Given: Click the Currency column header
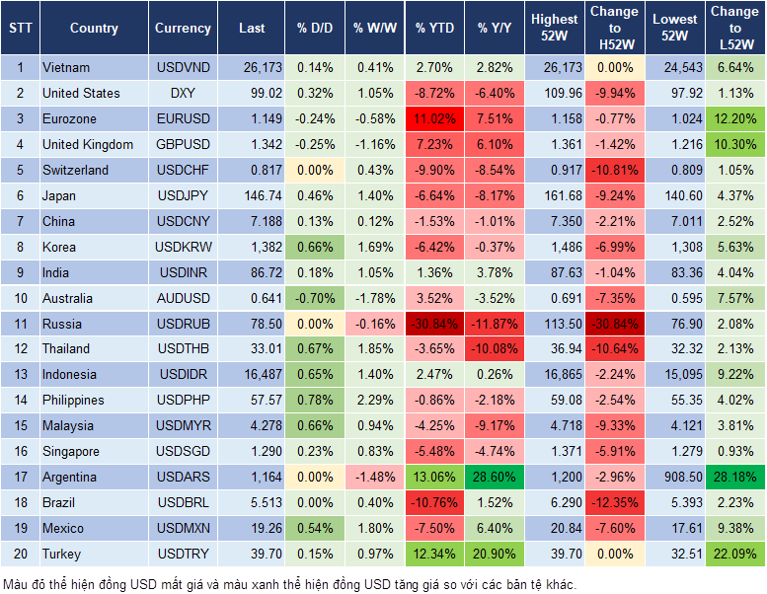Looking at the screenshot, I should [x=183, y=29].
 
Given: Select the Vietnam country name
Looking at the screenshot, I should [x=66, y=68].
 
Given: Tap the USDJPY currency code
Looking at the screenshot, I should [x=183, y=196].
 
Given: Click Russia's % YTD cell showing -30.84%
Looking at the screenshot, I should [x=434, y=324].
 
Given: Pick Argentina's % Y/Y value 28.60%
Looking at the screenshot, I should [x=496, y=477].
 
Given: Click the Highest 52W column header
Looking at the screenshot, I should [x=554, y=29].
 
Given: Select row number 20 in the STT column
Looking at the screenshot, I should [x=20, y=554].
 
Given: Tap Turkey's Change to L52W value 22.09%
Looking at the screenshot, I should [x=732, y=554].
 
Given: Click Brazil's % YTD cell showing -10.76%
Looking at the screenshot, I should [x=434, y=502].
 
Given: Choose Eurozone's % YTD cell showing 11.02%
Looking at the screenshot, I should [x=434, y=119].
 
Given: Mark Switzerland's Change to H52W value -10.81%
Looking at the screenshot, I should [x=614, y=170].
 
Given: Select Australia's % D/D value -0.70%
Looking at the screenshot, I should [x=314, y=298].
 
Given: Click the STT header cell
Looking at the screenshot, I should [x=20, y=29].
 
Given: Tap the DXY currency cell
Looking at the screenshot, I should [x=183, y=94].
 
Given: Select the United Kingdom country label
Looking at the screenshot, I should [x=87, y=145].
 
